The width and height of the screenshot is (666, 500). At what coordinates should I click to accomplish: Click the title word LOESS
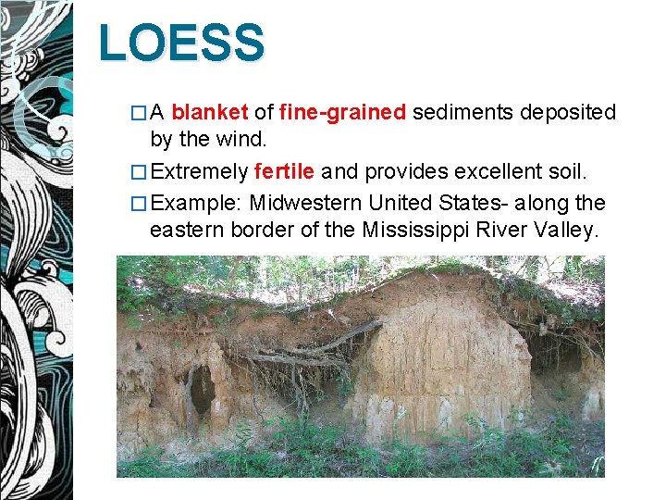182,44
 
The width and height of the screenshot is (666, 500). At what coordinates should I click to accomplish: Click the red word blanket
210,113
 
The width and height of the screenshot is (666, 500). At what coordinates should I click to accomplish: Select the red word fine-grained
342,113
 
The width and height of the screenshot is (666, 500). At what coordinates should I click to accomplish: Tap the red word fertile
284,171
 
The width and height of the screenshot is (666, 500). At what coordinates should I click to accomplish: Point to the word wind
242,141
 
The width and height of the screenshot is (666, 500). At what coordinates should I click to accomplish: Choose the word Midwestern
310,202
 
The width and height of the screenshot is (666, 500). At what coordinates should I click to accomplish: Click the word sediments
462,113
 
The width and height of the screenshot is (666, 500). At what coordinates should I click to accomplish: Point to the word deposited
568,113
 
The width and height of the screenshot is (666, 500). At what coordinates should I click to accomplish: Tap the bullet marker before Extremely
139,172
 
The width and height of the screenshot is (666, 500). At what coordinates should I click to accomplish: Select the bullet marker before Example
139,203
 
